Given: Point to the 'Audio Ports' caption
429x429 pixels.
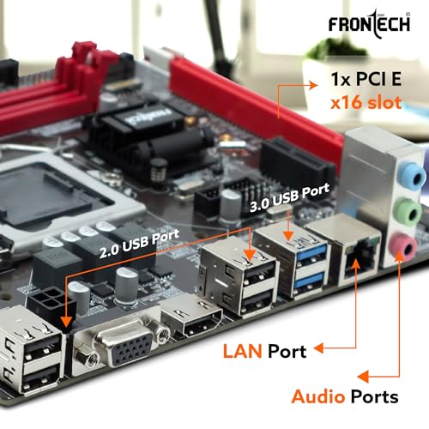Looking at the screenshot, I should pos(344,396).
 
